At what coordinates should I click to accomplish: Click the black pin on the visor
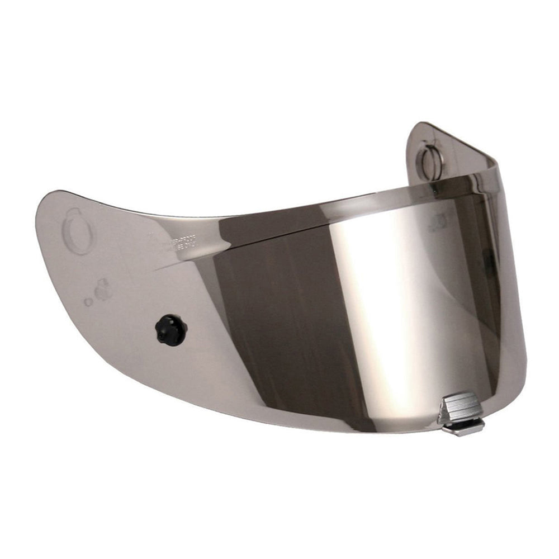point(170,330)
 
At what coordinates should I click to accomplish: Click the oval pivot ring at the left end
point(78,231)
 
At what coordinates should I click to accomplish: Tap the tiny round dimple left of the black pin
point(89,302)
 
